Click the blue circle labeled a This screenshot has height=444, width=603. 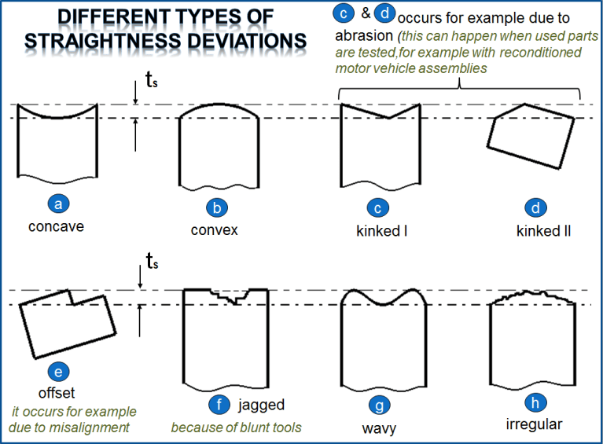(57, 204)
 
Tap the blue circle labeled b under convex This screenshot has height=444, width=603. (215, 208)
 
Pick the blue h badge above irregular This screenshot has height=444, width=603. (535, 403)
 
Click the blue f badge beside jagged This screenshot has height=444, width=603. (219, 405)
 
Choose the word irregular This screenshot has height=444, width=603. (535, 425)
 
